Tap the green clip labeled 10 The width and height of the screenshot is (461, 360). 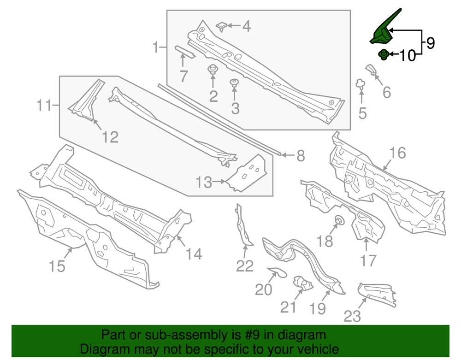[x=383, y=55]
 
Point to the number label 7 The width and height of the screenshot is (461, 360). [x=183, y=76]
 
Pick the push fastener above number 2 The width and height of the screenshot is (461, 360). [x=213, y=70]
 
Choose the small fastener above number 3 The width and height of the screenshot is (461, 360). [x=235, y=83]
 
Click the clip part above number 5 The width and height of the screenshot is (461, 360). [x=361, y=84]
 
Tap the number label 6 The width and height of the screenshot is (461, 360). [x=386, y=92]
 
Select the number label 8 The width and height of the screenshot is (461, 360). [x=301, y=156]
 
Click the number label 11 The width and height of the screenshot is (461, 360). [x=44, y=106]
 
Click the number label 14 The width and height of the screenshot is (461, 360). [x=194, y=254]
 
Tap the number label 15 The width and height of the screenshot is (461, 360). [x=57, y=266]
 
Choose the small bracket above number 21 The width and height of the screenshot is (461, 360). [x=302, y=283]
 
